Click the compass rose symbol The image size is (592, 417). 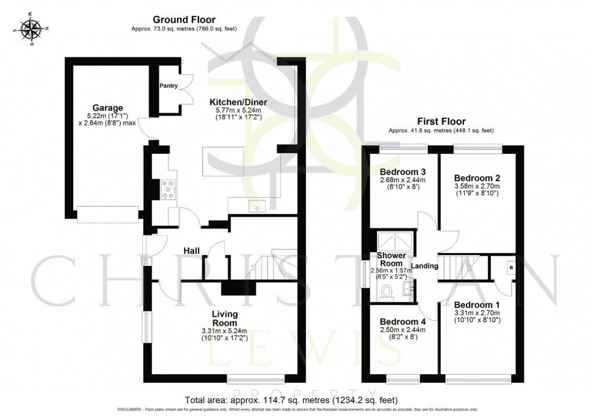(x=32, y=30)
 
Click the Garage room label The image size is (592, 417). (x=107, y=107)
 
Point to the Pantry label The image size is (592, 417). (x=169, y=85)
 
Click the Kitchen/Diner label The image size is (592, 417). (x=238, y=102)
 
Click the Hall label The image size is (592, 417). (x=192, y=251)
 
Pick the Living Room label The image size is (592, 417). (x=225, y=318)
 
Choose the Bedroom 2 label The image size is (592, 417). (x=477, y=177)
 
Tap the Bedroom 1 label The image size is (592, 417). (x=477, y=304)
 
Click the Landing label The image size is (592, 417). (x=425, y=266)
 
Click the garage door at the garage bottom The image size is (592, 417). (x=108, y=213)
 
